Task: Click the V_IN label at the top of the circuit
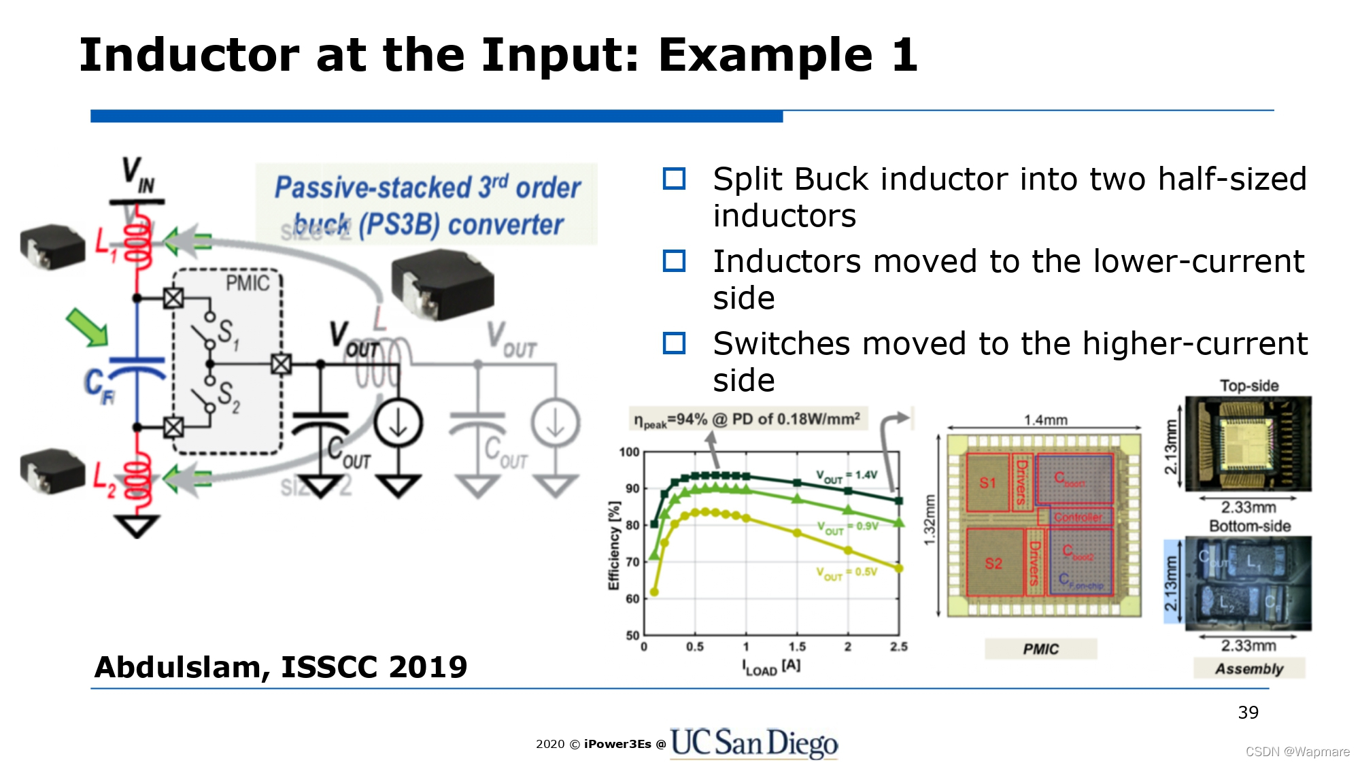click(x=138, y=174)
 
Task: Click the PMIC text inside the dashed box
click(x=248, y=284)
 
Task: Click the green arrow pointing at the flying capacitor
click(x=86, y=326)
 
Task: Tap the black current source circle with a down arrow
click(x=398, y=423)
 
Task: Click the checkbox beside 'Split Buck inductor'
click(x=674, y=179)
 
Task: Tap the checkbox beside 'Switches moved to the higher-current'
click(x=674, y=343)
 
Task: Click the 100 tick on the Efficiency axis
click(x=629, y=452)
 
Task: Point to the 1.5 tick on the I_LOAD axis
click(x=797, y=647)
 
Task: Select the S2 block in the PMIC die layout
click(x=993, y=563)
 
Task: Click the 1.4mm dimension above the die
click(x=1046, y=420)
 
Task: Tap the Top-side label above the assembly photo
click(x=1248, y=386)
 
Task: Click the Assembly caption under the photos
click(x=1249, y=669)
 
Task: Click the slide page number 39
click(x=1248, y=713)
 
